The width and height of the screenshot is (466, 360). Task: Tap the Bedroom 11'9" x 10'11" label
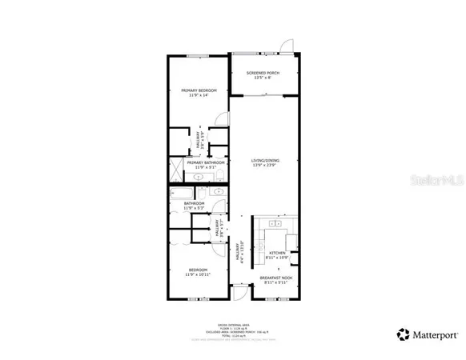click(198, 272)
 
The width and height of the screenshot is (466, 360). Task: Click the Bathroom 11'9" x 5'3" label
click(194, 206)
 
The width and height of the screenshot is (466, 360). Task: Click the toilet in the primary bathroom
click(219, 174)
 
